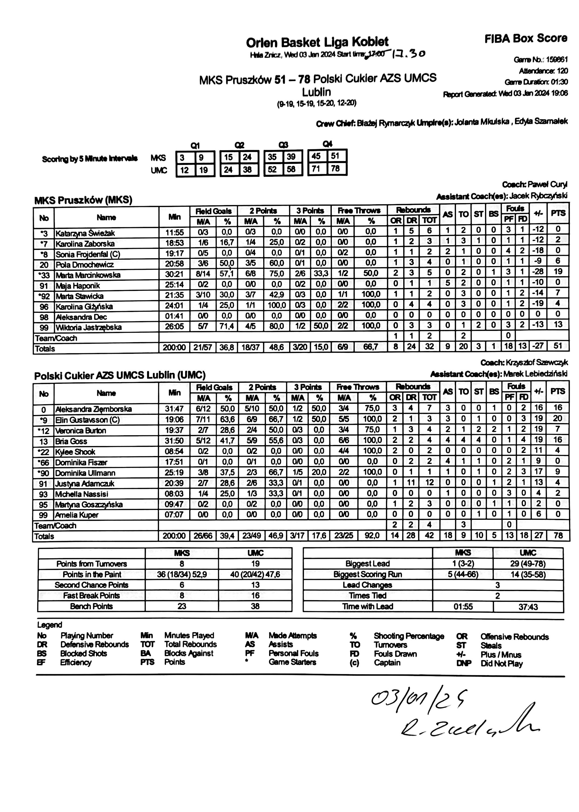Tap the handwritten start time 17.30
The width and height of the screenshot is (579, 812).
408,54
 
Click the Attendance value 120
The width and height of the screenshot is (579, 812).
562,71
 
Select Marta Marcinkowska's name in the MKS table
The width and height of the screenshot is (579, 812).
88,275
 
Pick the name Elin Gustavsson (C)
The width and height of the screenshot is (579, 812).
87,420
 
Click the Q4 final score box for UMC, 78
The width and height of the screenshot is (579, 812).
335,169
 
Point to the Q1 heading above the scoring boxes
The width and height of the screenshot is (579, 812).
195,145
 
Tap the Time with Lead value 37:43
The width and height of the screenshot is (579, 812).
528,607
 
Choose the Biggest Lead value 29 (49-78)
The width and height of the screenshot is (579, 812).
528,563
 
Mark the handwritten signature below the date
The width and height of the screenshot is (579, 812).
469,723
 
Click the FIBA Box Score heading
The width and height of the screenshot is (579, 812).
526,39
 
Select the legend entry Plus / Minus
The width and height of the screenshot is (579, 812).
501,655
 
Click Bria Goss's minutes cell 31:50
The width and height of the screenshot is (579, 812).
174,441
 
